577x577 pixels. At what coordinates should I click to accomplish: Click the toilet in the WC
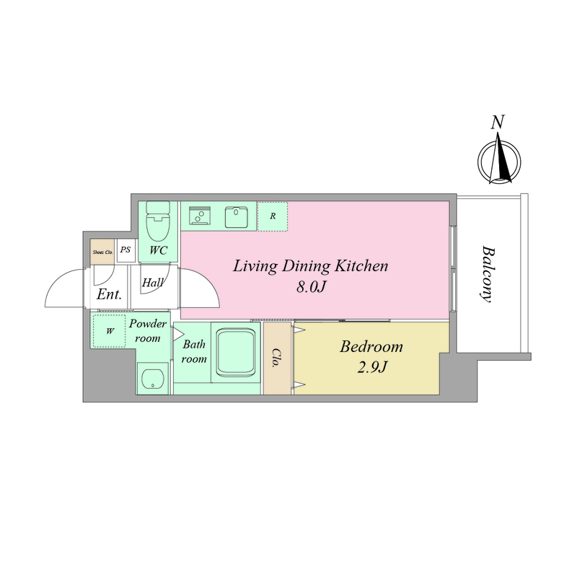tap(158, 221)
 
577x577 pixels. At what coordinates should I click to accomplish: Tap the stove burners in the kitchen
tap(200, 216)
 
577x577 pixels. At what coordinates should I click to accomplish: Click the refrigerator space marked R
tap(273, 216)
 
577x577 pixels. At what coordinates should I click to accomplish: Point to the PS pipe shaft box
tap(125, 250)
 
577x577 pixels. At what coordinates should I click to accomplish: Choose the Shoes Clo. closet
tap(102, 252)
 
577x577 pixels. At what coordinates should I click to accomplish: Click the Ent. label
tap(109, 294)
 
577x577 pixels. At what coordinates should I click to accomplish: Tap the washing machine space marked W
tap(110, 331)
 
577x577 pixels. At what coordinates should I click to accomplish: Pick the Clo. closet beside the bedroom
tap(277, 358)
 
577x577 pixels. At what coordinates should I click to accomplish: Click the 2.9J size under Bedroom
tap(372, 367)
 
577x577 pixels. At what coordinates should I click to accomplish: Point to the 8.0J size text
tap(311, 287)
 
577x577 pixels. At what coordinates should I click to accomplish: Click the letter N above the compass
tap(498, 122)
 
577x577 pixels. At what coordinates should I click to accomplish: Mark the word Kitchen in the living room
tap(361, 265)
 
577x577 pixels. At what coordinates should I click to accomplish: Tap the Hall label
tap(153, 283)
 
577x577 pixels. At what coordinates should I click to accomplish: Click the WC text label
tap(158, 250)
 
